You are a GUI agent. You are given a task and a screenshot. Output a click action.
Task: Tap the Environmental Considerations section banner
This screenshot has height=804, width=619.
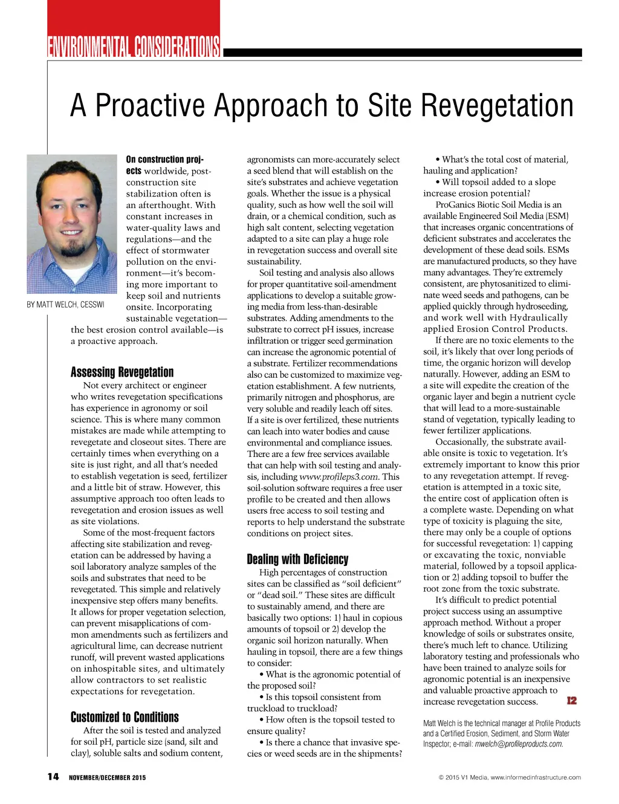tap(134, 47)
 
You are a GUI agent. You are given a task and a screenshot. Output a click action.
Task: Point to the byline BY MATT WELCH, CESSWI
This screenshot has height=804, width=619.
tap(65, 305)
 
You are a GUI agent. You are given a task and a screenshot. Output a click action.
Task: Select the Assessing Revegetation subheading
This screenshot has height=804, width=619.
tap(122, 372)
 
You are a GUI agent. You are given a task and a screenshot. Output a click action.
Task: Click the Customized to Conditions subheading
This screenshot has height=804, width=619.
tap(125, 718)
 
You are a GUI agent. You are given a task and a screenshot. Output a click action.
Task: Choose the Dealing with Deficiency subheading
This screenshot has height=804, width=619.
tap(297, 559)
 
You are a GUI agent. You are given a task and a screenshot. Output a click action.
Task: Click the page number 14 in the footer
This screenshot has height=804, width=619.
tap(53, 777)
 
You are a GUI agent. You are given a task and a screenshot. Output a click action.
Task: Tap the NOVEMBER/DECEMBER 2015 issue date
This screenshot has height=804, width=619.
tap(107, 777)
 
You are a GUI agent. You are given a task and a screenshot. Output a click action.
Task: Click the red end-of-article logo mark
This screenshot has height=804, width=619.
tap(571, 701)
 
